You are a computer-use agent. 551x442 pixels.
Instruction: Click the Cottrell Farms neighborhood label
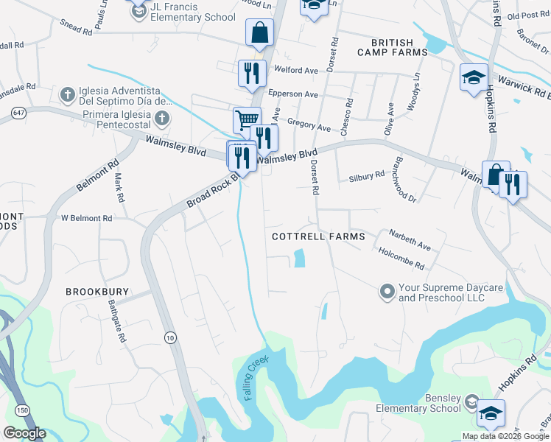318,236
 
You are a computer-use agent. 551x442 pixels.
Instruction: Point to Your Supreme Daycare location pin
387,292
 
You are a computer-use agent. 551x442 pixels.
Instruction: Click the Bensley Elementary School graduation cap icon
491,413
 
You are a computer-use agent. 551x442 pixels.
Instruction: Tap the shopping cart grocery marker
247,120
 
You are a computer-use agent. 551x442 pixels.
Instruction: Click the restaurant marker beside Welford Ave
252,73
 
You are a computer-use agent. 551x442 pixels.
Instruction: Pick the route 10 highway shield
170,337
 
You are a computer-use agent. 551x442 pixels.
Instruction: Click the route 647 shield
18,113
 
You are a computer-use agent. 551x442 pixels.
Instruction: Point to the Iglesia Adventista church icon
67,94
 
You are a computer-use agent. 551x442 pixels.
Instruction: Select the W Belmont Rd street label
86,219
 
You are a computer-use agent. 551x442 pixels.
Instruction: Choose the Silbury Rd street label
365,175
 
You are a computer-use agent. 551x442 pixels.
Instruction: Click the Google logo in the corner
24,433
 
